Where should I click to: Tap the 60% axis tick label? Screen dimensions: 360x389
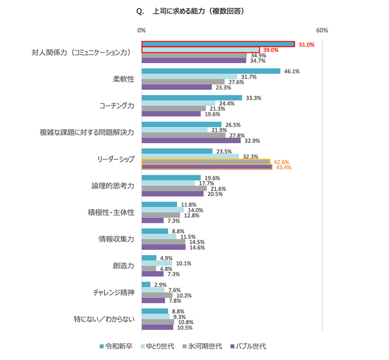(x=322, y=30)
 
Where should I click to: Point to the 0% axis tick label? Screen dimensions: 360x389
(x=141, y=30)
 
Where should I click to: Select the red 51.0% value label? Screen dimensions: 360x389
(x=307, y=45)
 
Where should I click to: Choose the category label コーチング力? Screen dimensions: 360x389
(x=116, y=106)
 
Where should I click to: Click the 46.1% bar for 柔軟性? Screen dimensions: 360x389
(x=211, y=71)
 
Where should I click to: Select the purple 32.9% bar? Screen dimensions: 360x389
(x=191, y=141)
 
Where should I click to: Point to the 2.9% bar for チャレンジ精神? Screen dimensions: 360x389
(x=146, y=285)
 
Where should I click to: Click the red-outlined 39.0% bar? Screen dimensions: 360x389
(x=200, y=50)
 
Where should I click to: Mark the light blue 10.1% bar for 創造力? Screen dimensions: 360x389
(x=157, y=263)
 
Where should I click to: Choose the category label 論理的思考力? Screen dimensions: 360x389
(x=112, y=186)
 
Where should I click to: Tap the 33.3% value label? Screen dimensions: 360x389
(x=254, y=98)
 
